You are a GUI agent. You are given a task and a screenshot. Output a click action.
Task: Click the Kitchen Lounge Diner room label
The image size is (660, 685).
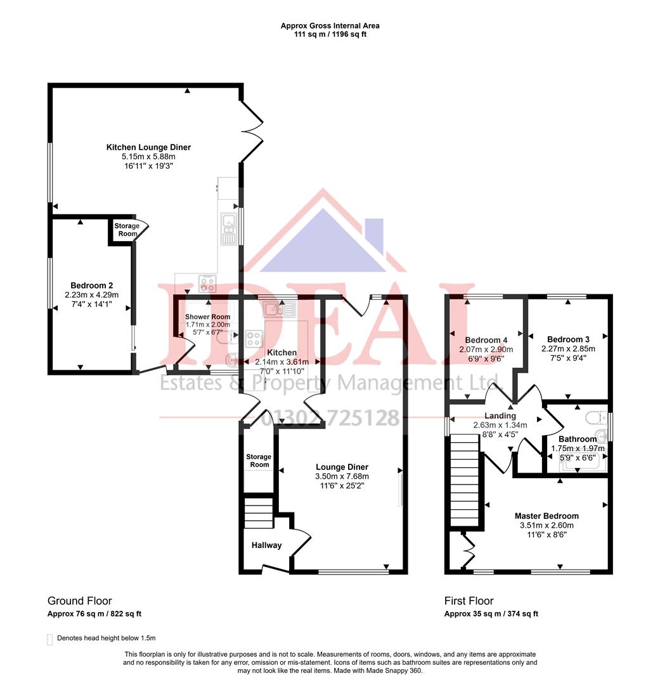tap(148, 147)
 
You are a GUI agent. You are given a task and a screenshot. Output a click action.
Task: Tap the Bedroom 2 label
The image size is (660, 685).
tap(92, 285)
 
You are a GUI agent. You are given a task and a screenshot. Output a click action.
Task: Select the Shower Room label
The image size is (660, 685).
tap(207, 316)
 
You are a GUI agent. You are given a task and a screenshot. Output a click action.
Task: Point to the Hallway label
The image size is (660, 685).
tap(266, 545)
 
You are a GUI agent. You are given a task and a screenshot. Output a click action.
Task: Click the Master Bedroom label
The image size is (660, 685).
tap(547, 516)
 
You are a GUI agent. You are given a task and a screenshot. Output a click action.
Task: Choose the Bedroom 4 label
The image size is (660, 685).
tap(486, 339)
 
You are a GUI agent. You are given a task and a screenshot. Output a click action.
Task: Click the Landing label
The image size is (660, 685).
tap(500, 415)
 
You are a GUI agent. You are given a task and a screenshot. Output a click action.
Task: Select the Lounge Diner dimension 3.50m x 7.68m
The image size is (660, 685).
tap(342, 476)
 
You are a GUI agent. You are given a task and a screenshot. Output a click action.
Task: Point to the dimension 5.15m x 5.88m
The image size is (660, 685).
tap(148, 156)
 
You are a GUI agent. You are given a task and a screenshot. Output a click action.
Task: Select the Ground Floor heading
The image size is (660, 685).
tap(79, 601)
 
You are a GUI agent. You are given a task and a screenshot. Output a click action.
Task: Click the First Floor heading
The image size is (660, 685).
tap(469, 601)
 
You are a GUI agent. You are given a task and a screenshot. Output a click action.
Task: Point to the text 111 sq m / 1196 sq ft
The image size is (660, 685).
tap(330, 34)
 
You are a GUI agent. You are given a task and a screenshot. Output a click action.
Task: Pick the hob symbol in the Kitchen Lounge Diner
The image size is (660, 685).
tap(207, 283)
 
